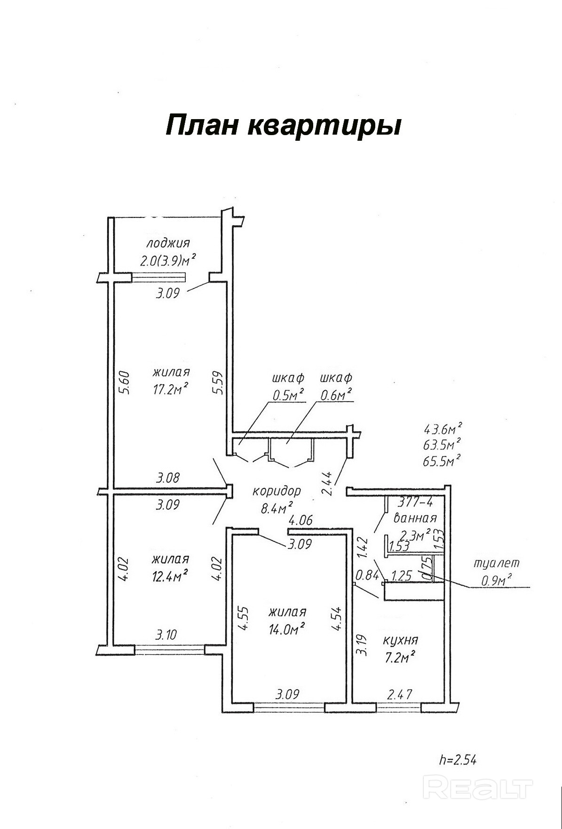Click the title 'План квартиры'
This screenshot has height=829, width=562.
(x=283, y=126)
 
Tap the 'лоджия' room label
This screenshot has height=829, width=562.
(x=168, y=243)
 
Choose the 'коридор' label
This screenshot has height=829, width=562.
(x=277, y=491)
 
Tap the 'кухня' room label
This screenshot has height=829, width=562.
(x=400, y=640)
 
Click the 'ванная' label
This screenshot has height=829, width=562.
(x=415, y=518)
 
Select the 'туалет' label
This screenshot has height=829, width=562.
(x=497, y=563)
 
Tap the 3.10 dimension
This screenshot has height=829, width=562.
(x=166, y=635)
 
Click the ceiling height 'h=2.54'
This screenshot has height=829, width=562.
(x=457, y=759)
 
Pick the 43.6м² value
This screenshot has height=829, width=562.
(x=442, y=429)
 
